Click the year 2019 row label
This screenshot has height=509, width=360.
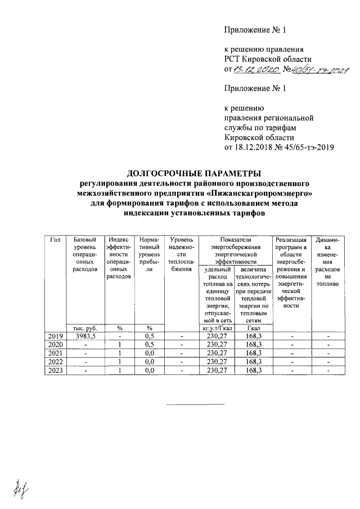pyautogui.click(x=55, y=336)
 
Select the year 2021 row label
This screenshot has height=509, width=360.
pyautogui.click(x=55, y=353)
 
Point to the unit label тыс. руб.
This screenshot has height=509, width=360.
pyautogui.click(x=84, y=327)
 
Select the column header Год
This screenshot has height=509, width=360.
pyautogui.click(x=55, y=240)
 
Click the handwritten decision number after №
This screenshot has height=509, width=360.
pyautogui.click(x=319, y=70)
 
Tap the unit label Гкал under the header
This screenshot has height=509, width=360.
pyautogui.click(x=251, y=327)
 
